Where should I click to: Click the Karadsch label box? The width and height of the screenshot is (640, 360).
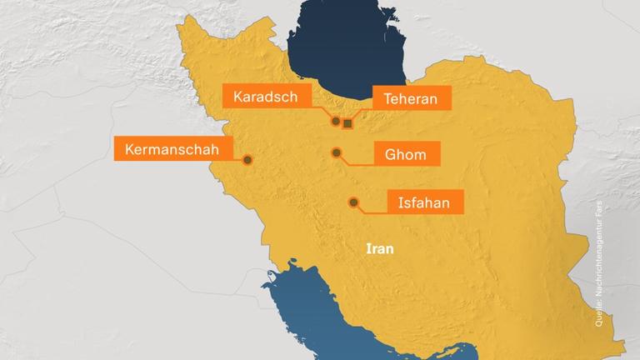[x=264, y=97]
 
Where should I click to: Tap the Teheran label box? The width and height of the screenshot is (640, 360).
[x=411, y=98]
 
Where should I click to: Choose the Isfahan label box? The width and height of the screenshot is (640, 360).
[x=423, y=202]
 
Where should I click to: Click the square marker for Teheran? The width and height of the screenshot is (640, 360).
[x=347, y=124]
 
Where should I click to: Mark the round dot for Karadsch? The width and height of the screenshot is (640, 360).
[x=336, y=121]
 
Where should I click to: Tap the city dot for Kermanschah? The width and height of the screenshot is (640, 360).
[x=247, y=160]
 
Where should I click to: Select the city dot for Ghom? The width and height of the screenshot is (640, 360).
[x=337, y=152]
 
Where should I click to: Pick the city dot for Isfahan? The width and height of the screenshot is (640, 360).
[x=353, y=202]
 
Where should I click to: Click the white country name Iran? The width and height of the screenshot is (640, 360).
[x=379, y=248]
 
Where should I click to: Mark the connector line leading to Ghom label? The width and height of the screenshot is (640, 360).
[x=358, y=162]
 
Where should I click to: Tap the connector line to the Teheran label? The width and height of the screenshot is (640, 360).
[x=360, y=113]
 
